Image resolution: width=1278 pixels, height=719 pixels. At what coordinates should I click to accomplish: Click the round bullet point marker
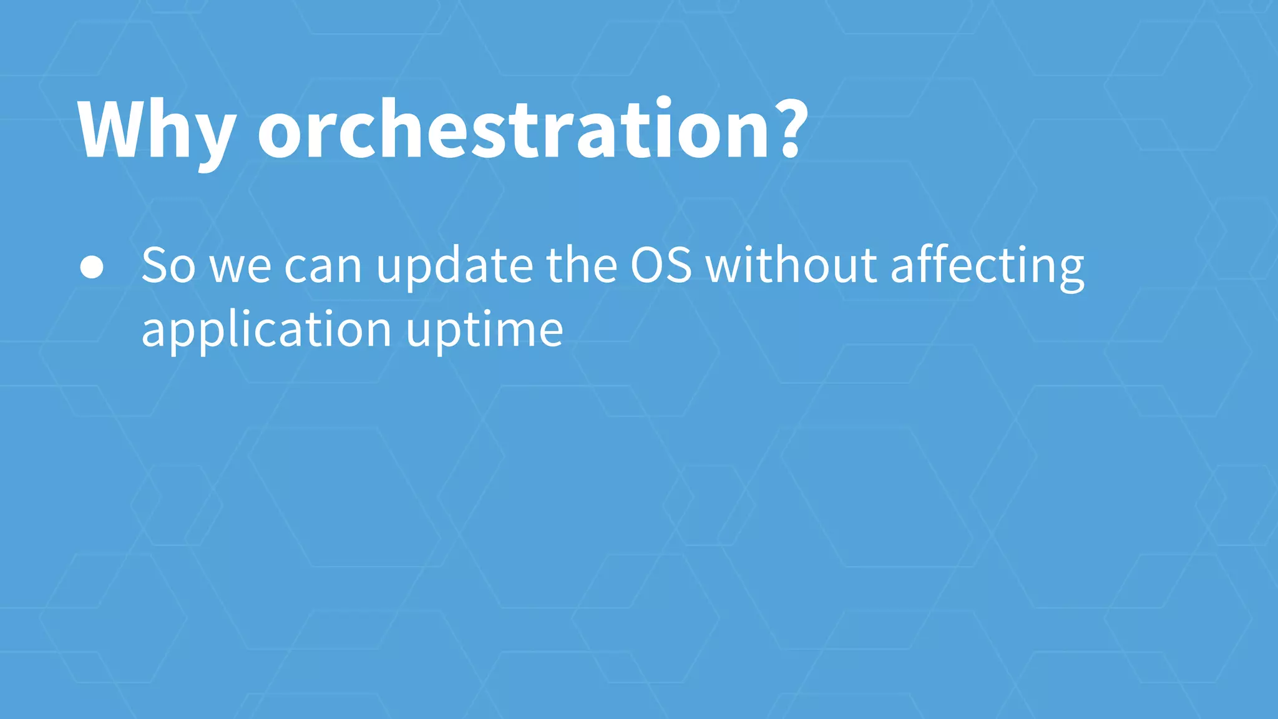click(x=92, y=267)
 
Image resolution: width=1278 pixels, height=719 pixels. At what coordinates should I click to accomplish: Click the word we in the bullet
click(x=240, y=267)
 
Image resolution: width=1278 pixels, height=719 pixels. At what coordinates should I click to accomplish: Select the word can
click(x=323, y=267)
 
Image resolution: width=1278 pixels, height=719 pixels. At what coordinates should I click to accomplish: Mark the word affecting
click(x=987, y=267)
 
